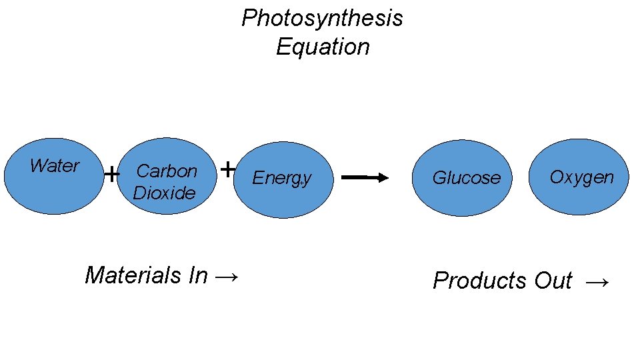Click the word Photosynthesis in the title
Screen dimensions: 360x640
click(x=322, y=18)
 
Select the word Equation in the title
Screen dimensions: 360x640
click(x=323, y=47)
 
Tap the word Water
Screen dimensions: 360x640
click(x=55, y=165)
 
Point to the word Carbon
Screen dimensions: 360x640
click(x=167, y=171)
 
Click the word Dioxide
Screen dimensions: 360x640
click(x=165, y=193)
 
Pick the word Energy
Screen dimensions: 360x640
click(x=282, y=178)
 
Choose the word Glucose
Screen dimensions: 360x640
click(x=466, y=178)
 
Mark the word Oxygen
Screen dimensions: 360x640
click(x=581, y=177)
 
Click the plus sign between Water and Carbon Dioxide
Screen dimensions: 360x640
click(x=112, y=175)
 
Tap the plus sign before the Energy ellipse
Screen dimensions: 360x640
click(x=227, y=169)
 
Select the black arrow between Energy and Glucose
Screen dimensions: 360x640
click(x=365, y=177)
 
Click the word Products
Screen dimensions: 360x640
click(x=481, y=281)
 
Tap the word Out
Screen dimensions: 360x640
click(x=553, y=281)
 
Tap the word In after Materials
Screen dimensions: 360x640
click(x=198, y=275)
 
